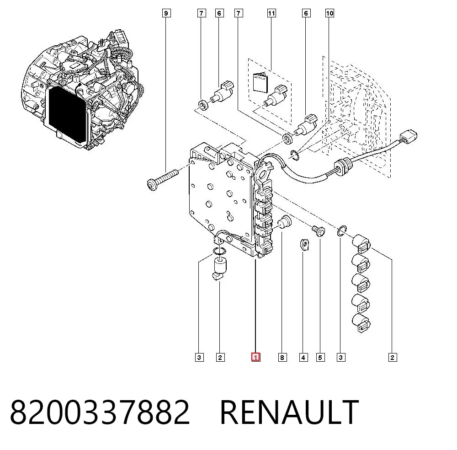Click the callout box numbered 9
[x=166, y=13]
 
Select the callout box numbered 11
[x=271, y=13]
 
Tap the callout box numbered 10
[x=329, y=13]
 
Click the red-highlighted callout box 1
[x=255, y=357]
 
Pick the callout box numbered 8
[x=282, y=357]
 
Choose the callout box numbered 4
[x=303, y=357]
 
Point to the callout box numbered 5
[x=320, y=357]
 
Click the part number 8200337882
[x=100, y=412]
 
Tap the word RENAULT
[x=289, y=412]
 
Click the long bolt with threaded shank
[x=162, y=178]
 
